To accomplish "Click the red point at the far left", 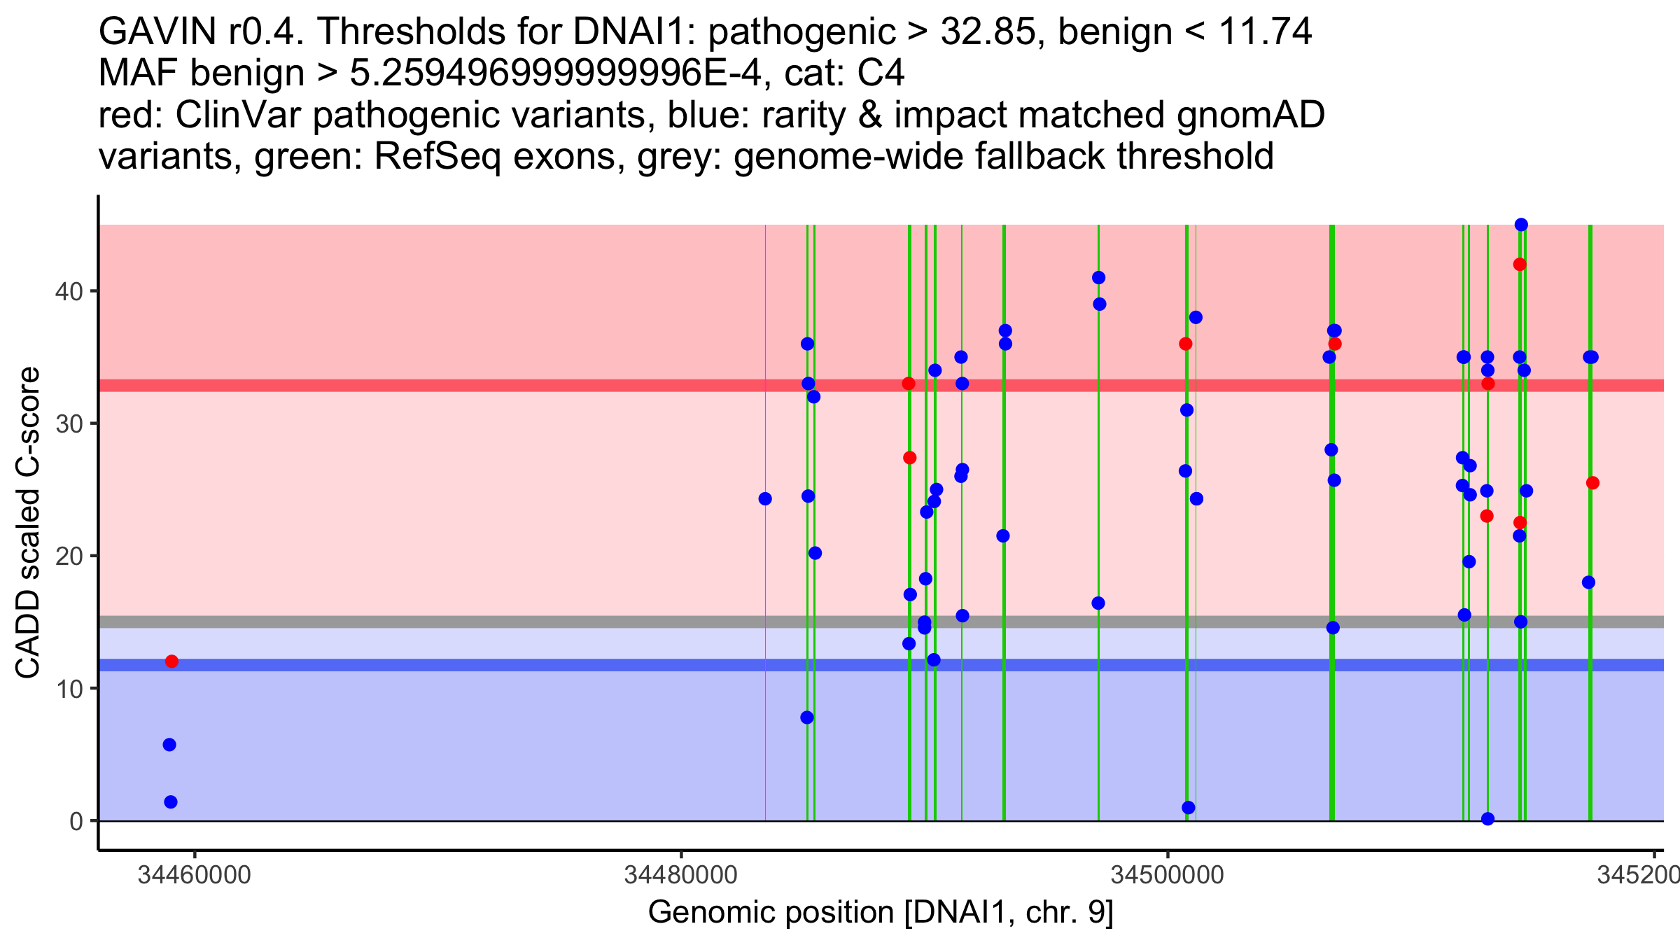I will click(171, 661).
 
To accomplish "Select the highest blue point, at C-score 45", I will click(1521, 225).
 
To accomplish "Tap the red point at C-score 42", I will click(1520, 265).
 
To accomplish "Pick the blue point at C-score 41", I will click(1098, 278).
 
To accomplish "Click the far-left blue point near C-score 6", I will click(169, 745).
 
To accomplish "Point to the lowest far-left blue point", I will click(171, 802).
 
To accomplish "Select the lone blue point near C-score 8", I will click(807, 717).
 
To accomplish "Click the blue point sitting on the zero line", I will click(1488, 819).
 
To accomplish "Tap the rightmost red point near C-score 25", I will click(1592, 483).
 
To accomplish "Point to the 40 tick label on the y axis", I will click(69, 291).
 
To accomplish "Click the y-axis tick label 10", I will click(69, 689).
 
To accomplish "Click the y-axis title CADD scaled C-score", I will click(28, 523).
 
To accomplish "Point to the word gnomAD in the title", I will click(1250, 115).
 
